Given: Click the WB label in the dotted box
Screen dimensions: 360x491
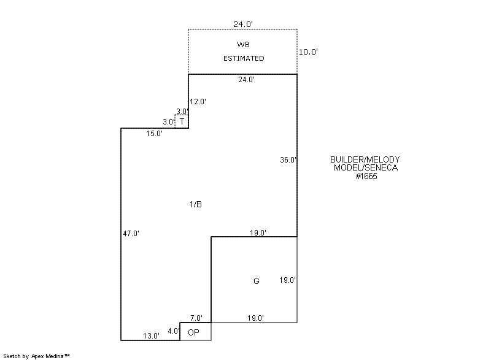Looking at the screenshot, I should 244,45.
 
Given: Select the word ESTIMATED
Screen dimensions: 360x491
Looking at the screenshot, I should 244,58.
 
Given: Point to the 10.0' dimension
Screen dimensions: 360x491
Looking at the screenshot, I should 308,52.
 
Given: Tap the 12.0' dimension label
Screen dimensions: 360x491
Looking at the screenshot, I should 198,102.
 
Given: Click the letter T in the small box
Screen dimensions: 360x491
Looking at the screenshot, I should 182,121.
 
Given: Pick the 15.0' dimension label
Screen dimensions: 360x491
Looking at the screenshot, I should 154,133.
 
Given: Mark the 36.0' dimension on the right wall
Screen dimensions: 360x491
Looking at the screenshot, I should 288,160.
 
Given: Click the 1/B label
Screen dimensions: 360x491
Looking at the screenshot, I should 195,204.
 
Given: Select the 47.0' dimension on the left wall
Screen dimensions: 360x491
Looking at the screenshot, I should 131,233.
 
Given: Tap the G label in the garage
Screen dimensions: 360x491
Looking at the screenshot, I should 257,281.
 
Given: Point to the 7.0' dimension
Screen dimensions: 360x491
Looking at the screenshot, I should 196,318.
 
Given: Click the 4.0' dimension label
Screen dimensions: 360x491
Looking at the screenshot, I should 174,331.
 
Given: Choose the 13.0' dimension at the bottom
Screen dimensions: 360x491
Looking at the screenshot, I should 152,335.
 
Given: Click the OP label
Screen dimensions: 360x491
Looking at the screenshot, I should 193,332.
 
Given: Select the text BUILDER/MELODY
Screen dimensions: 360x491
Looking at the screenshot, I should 365,160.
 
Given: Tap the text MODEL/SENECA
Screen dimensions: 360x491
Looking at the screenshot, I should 366,168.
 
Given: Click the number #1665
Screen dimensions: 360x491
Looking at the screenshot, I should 366,176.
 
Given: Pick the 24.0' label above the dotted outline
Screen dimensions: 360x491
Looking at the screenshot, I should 243,25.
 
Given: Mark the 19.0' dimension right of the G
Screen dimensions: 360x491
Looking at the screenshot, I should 288,280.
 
